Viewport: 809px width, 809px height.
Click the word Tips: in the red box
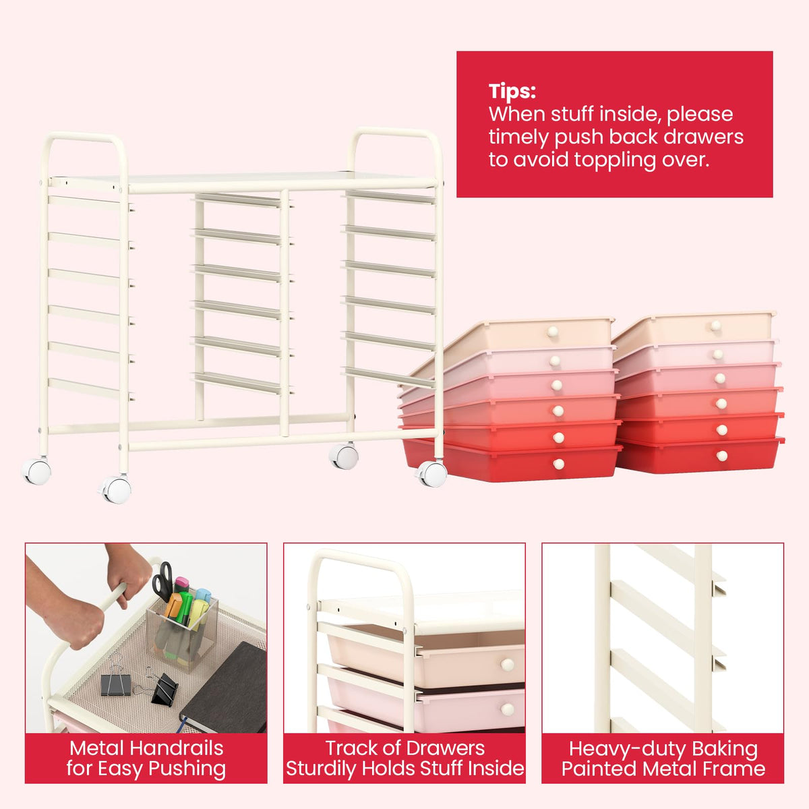pyautogui.click(x=512, y=92)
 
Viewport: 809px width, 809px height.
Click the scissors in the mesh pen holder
pyautogui.click(x=163, y=580)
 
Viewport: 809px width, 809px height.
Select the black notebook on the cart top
pyautogui.click(x=224, y=688)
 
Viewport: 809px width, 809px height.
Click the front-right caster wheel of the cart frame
pyautogui.click(x=431, y=474)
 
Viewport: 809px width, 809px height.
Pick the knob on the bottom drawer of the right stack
pyautogui.click(x=721, y=456)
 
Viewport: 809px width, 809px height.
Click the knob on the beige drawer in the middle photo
pyautogui.click(x=507, y=665)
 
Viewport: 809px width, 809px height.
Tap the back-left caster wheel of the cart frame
pyautogui.click(x=36, y=471)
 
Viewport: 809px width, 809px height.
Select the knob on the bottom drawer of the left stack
pyautogui.click(x=558, y=463)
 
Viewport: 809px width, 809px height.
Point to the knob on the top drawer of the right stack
pyautogui.click(x=715, y=326)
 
